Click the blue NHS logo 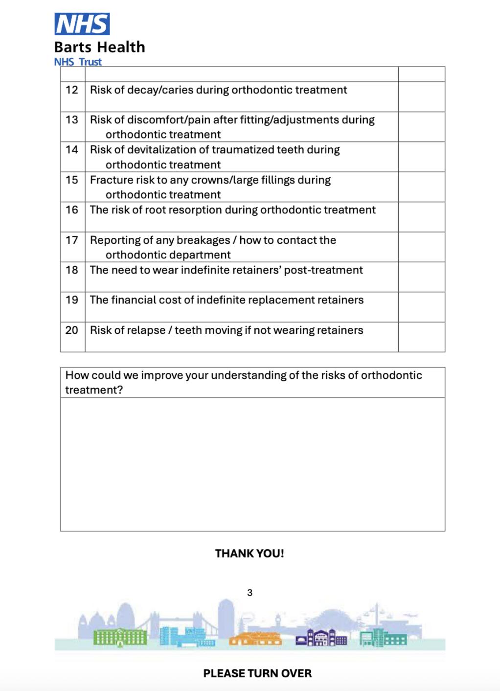[x=82, y=23]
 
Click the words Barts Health [x=99, y=47]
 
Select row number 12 [x=72, y=90]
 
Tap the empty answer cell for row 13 [x=421, y=127]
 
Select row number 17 [x=72, y=240]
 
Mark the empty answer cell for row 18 [x=421, y=277]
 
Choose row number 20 [x=72, y=330]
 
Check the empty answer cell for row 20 [x=421, y=337]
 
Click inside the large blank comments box [x=252, y=463]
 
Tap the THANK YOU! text [x=250, y=553]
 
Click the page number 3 [x=250, y=593]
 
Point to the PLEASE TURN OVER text [x=257, y=673]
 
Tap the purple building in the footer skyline [x=321, y=637]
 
